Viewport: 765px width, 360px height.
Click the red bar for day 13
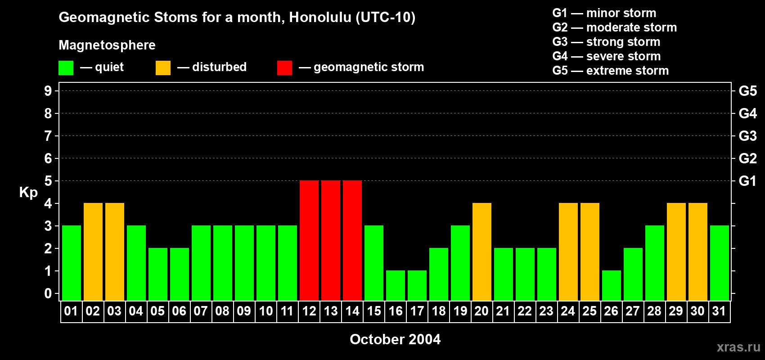coord(331,240)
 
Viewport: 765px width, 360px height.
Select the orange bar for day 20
coord(482,252)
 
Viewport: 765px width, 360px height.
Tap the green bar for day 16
coord(396,285)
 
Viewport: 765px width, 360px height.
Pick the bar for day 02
coord(93,252)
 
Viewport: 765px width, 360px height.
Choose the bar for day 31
coord(720,263)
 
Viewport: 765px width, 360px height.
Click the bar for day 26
coord(612,285)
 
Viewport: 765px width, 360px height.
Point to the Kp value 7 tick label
coord(48,136)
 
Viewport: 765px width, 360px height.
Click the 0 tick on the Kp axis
coord(48,293)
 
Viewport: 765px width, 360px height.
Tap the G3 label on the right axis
coord(747,136)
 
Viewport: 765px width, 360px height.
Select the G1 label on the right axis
coord(747,181)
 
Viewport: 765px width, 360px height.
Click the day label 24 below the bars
coord(568,311)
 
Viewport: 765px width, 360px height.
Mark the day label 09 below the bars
coord(244,311)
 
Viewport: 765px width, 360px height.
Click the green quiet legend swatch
coord(66,68)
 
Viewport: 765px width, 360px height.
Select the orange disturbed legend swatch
coord(163,68)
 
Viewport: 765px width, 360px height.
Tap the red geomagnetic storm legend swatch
coord(284,68)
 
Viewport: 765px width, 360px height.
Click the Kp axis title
coord(28,192)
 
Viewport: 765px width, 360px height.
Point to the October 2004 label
coord(395,339)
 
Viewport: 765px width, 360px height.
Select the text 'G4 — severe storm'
coord(606,56)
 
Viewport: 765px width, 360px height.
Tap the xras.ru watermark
coord(738,346)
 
